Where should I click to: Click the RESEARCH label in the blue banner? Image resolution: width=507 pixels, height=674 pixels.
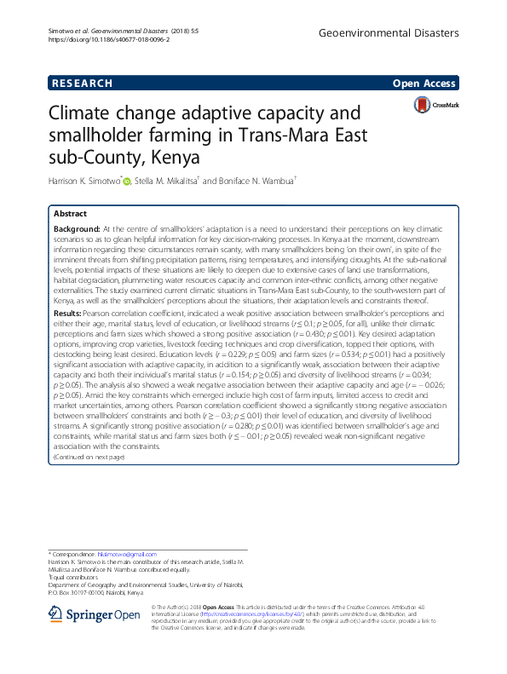tap(82, 84)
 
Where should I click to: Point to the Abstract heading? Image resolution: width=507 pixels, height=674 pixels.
tap(71, 214)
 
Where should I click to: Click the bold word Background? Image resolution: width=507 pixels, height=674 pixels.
tap(76, 229)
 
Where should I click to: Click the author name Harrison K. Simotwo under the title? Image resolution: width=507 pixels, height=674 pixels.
tap(86, 180)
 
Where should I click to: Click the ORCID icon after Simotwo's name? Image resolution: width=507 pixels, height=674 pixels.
tap(128, 180)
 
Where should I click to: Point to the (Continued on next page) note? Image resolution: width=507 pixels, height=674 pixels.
tap(89, 458)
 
